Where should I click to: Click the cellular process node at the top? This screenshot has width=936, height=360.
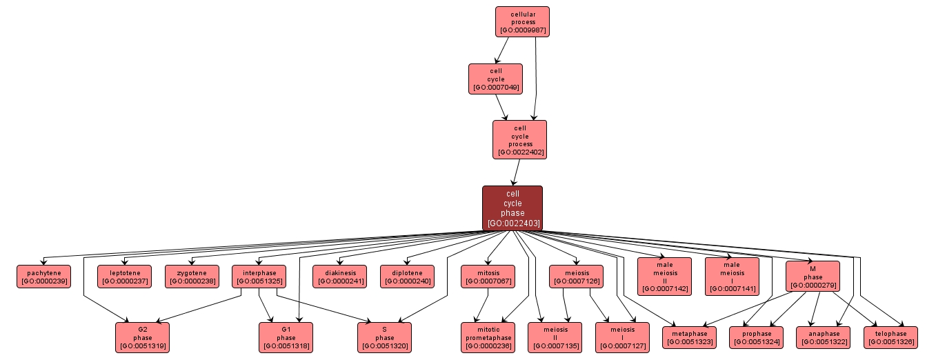522,21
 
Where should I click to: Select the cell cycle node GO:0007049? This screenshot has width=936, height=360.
495,79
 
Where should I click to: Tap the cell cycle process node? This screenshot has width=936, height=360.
519,139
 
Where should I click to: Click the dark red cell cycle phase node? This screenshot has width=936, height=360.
512,208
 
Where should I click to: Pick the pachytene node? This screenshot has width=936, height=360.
43,277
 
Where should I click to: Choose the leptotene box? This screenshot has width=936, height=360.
124,277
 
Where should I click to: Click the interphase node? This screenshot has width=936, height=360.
259,277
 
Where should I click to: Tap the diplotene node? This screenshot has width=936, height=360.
407,277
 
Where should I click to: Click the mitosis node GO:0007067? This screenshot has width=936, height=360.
488,277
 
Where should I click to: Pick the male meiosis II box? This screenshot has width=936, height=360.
664,276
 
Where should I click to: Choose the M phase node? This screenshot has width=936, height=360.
813,276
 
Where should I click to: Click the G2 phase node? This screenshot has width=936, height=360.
142,337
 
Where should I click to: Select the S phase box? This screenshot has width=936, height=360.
384,337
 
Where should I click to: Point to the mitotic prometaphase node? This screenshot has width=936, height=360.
488,337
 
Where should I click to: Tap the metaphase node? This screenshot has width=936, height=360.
689,337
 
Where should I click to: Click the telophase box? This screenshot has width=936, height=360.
890,337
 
